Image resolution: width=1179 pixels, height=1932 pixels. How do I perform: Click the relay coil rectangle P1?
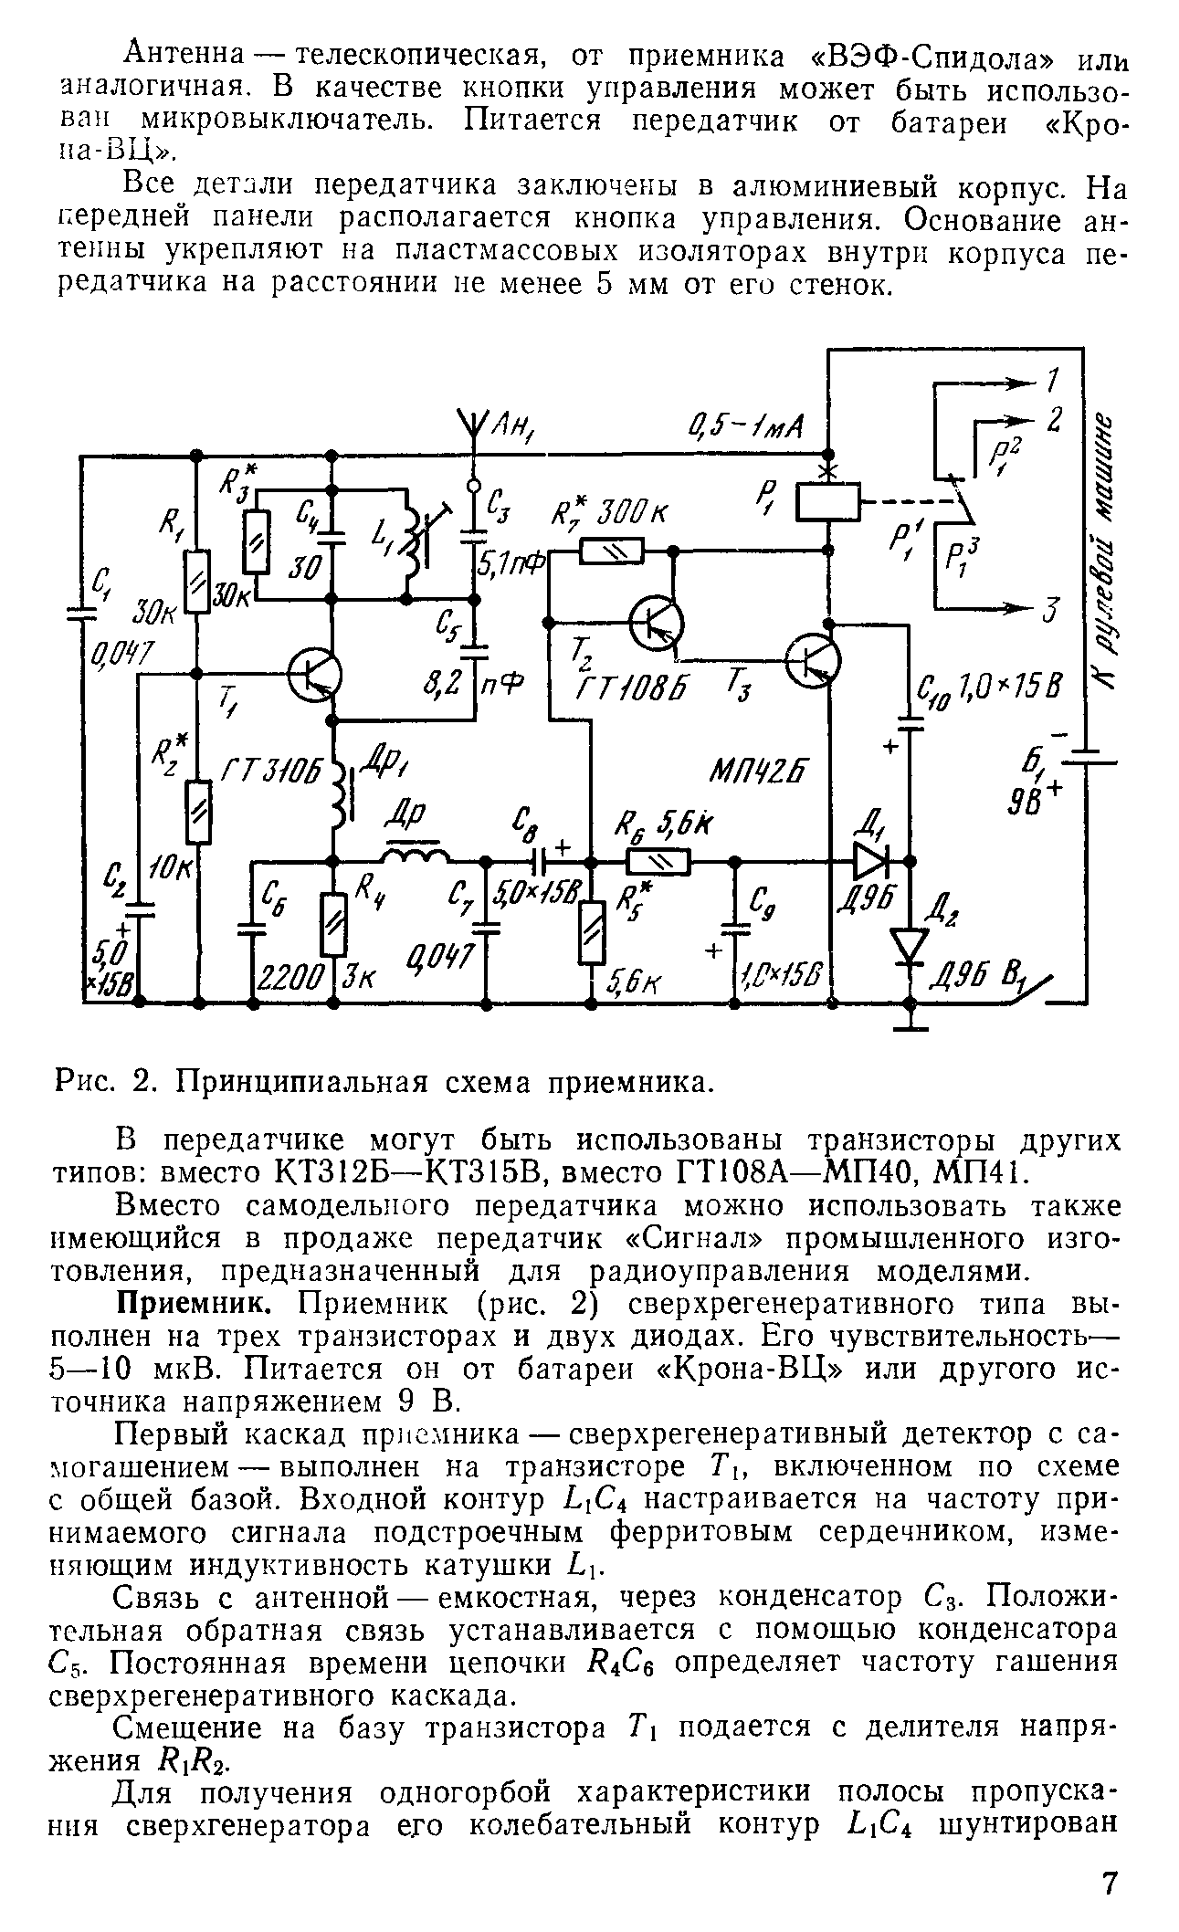pyautogui.click(x=828, y=501)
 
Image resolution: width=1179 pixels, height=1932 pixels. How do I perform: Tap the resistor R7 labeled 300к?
pyautogui.click(x=613, y=551)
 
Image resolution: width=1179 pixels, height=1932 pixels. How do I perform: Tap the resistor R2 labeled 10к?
pyautogui.click(x=197, y=812)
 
